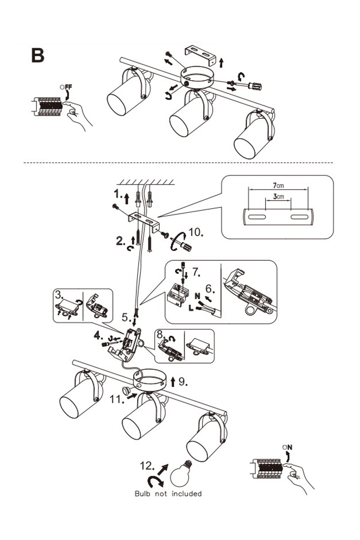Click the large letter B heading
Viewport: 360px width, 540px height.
point(38,56)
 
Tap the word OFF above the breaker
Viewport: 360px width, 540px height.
point(66,87)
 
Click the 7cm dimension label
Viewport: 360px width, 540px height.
point(279,185)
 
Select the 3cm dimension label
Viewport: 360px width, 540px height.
point(279,197)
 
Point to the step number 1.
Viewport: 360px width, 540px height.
point(118,194)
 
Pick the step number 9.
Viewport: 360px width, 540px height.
point(183,382)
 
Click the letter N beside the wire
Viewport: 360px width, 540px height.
point(197,296)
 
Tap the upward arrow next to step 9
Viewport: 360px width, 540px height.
point(173,382)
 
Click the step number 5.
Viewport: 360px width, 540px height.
point(126,318)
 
